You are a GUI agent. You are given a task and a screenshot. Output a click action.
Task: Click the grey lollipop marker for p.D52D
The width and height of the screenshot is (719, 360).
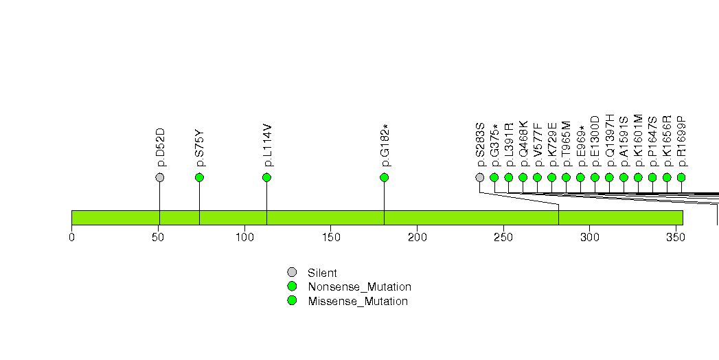click(x=159, y=177)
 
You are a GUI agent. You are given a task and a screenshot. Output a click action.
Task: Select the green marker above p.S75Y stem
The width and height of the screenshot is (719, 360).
click(x=199, y=177)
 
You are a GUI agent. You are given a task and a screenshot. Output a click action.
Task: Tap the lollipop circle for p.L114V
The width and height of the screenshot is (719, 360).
click(x=267, y=177)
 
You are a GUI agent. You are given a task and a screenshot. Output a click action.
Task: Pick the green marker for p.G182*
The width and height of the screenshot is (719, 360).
click(x=385, y=177)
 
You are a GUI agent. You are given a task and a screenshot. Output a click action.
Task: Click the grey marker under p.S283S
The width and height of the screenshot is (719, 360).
click(x=479, y=177)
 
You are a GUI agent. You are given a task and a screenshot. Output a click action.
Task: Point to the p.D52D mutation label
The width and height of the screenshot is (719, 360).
click(x=160, y=148)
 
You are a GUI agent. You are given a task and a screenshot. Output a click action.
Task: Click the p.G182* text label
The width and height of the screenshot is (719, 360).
click(x=385, y=146)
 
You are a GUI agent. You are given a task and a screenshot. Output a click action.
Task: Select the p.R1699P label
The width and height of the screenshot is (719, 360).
click(x=682, y=142)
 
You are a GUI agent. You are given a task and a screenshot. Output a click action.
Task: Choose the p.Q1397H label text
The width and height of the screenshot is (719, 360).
click(x=610, y=141)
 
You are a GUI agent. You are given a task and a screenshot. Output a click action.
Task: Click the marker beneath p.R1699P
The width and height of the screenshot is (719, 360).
click(x=681, y=177)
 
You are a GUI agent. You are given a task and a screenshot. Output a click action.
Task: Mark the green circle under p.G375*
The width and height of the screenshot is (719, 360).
click(x=494, y=177)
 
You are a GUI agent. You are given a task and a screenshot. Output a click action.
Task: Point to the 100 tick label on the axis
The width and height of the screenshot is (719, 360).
click(x=245, y=237)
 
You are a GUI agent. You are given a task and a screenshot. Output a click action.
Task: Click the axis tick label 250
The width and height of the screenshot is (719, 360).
click(x=503, y=237)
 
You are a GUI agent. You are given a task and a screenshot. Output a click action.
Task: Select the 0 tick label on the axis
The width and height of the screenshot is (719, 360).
click(x=71, y=237)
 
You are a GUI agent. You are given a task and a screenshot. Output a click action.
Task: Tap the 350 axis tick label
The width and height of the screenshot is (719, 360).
click(x=676, y=237)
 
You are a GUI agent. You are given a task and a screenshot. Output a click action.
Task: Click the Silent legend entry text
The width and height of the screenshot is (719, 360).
click(x=322, y=273)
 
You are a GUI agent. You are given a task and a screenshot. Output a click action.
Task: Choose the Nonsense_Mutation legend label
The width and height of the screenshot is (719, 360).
click(x=360, y=287)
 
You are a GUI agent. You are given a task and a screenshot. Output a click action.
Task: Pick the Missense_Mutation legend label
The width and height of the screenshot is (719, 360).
click(x=358, y=302)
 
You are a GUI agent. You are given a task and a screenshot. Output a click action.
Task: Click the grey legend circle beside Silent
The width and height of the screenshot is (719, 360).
click(x=292, y=273)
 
